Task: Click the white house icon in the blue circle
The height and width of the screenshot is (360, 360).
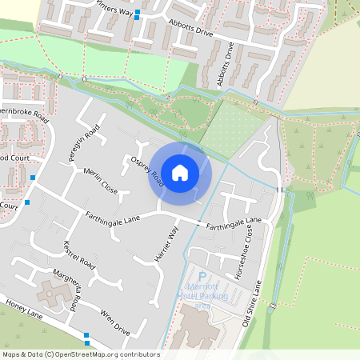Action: point(180,172)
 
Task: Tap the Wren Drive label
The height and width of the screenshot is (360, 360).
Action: point(115,321)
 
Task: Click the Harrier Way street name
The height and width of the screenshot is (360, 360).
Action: point(166,245)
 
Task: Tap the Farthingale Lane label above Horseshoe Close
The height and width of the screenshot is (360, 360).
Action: point(234,225)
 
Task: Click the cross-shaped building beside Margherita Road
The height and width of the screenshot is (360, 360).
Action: point(52,295)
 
